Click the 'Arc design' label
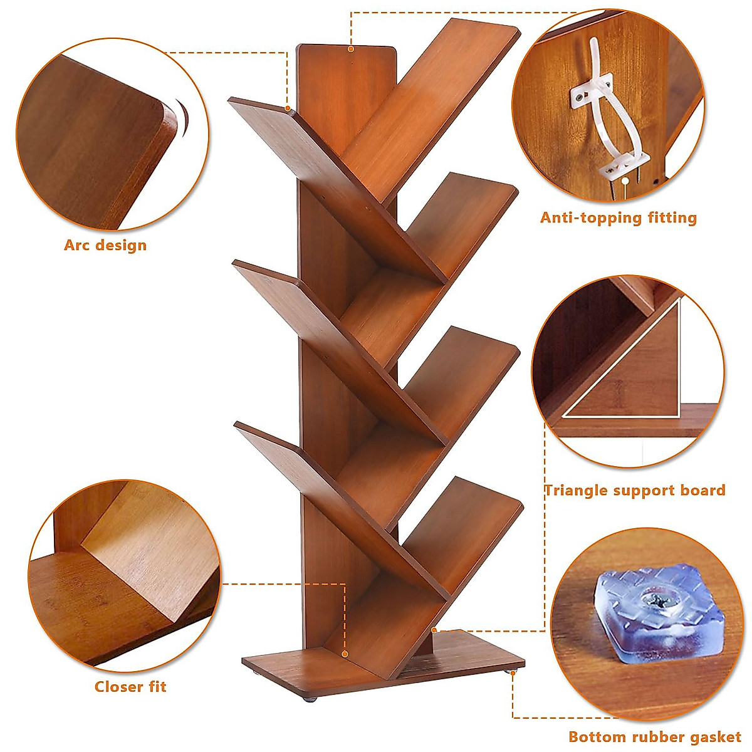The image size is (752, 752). [x=105, y=245]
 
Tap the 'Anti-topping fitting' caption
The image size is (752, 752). [x=619, y=218]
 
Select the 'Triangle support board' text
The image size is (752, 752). [x=634, y=490]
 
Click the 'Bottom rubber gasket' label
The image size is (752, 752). [x=655, y=737]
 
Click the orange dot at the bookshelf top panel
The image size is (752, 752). [x=351, y=48]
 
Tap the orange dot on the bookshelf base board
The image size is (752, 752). [x=345, y=654]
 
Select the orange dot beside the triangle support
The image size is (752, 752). [x=434, y=629]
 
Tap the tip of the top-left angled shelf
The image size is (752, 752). [x=287, y=110]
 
